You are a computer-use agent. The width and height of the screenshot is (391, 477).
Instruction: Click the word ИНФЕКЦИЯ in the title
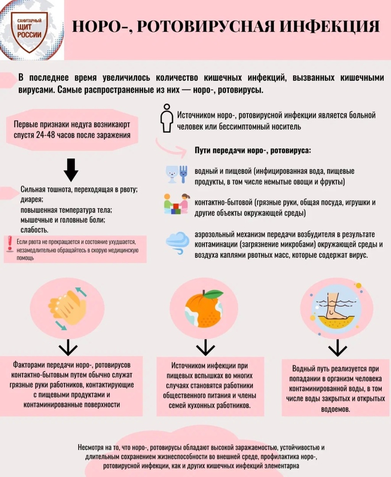[x=330, y=26]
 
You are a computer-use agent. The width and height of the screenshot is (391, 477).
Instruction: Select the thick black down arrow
[x=71, y=170]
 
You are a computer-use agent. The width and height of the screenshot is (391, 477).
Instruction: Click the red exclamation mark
[x=10, y=244]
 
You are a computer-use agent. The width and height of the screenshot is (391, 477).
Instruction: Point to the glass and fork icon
[x=176, y=174]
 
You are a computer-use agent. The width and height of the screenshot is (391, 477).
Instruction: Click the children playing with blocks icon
[x=176, y=204]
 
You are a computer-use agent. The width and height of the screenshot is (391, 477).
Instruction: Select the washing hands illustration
[x=67, y=308]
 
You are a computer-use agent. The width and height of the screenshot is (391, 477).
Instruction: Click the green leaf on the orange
[x=213, y=294]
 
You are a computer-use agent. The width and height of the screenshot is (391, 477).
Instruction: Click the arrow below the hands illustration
[x=68, y=348]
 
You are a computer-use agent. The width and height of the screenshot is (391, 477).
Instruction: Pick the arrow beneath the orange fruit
[x=205, y=348]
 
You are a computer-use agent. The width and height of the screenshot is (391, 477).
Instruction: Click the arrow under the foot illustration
[x=337, y=348]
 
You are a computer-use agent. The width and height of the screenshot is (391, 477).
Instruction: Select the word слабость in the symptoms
[x=34, y=230]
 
